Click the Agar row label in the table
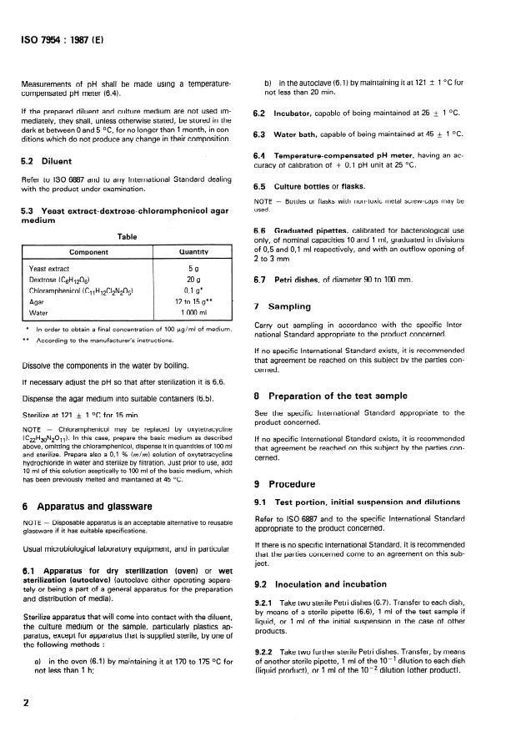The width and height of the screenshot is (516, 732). [x=37, y=301]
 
